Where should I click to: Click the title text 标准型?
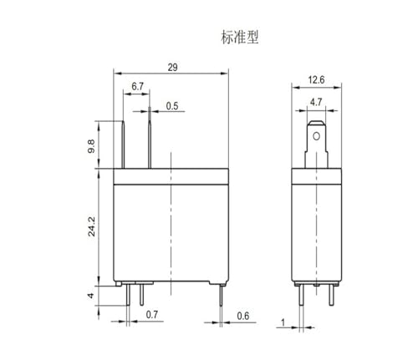(240, 38)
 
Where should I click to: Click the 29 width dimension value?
(172, 68)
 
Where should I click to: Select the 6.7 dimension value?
(137, 87)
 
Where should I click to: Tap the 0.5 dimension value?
(172, 106)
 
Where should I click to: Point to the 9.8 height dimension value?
(91, 146)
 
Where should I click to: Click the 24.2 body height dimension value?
(91, 226)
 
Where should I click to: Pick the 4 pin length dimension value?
(91, 296)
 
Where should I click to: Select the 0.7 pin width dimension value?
(152, 315)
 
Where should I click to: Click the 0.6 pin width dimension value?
(243, 316)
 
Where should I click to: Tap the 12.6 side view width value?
(316, 80)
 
